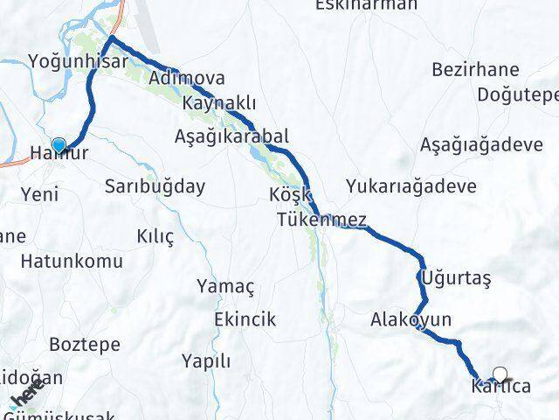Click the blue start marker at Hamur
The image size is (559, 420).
point(59,145)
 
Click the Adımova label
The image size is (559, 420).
point(187,79)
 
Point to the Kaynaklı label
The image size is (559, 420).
point(219,104)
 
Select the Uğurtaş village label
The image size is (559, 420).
point(456,278)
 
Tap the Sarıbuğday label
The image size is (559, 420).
point(155,185)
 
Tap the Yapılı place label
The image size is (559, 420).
point(206,360)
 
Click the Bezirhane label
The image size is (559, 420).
point(476,70)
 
